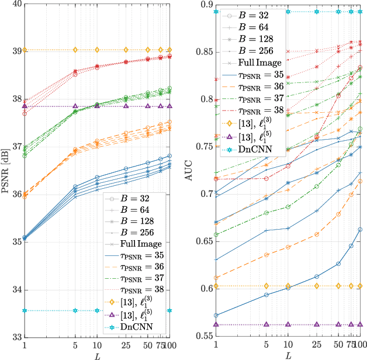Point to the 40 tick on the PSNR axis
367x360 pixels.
[15, 4]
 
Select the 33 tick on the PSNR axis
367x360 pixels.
[15, 337]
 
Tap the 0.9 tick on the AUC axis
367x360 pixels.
[205, 4]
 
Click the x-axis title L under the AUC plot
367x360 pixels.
[288, 355]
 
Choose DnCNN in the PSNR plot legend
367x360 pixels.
[136, 328]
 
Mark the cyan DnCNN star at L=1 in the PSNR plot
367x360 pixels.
[25, 310]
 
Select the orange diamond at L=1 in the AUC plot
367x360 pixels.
[216, 286]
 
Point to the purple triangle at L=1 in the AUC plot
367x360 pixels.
[216, 324]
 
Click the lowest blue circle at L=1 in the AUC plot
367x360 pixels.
[216, 316]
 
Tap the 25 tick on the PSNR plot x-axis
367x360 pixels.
[125, 345]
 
